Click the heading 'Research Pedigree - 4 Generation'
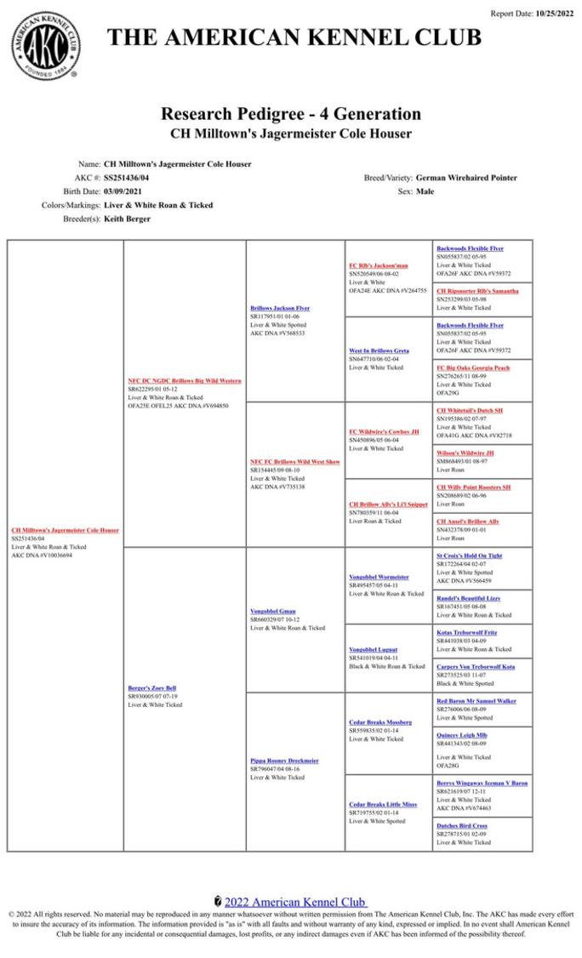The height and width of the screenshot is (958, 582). pos(291,114)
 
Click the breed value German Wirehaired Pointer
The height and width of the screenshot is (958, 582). pos(466,178)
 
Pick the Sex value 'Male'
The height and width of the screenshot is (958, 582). pos(424,191)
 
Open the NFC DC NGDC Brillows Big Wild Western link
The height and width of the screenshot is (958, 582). pos(185,380)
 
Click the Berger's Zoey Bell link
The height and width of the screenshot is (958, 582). pos(152,687)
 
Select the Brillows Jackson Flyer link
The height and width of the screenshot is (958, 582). pos(280,308)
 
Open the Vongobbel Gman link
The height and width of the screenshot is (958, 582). pos(273,611)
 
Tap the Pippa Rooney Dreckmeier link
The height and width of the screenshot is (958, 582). pos(284,761)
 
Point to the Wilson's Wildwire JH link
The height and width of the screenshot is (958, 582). pos(465,453)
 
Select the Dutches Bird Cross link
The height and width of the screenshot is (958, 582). pos(462,825)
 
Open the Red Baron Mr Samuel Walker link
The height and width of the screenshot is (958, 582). pos(476,700)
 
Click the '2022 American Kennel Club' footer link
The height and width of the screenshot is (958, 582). pos(294,901)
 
